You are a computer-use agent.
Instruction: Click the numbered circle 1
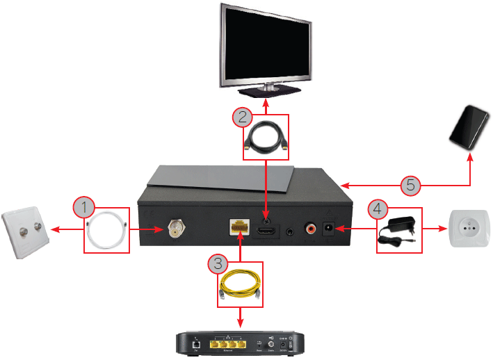[x=83, y=206]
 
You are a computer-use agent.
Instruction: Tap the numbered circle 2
[x=243, y=117]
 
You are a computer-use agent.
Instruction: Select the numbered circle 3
[x=218, y=263]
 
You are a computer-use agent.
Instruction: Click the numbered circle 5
[x=411, y=185]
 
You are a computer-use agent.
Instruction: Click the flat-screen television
[x=264, y=49]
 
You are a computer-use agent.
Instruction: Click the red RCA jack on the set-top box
[x=307, y=228]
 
